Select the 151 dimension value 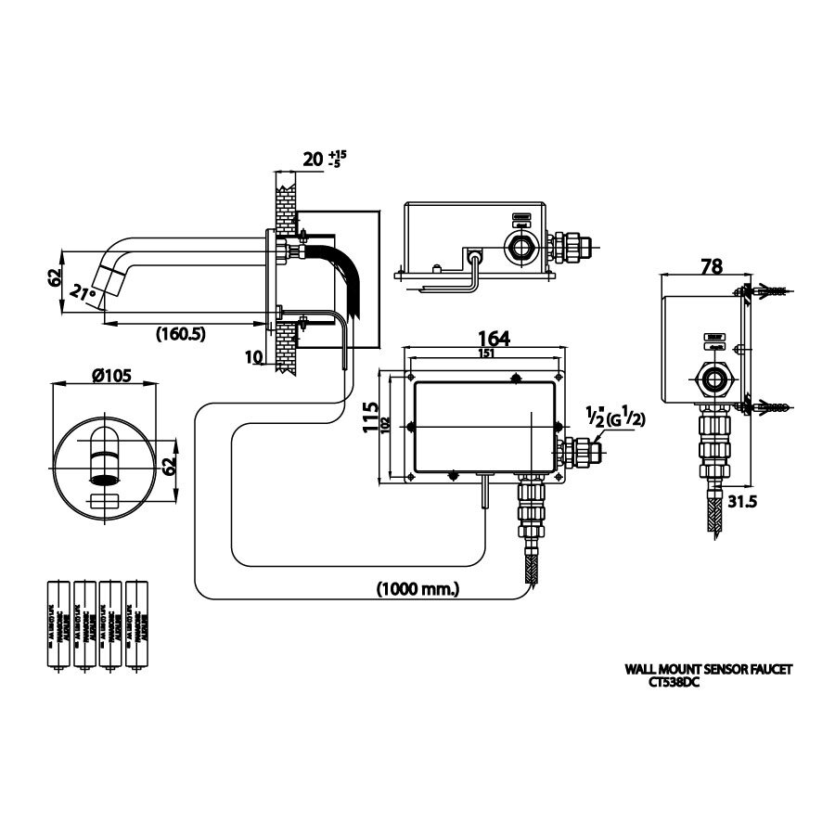tap(485, 353)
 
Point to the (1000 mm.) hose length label tap(417, 588)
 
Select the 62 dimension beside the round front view tap(170, 466)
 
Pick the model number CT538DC tap(674, 682)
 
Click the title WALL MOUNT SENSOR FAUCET tap(709, 668)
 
